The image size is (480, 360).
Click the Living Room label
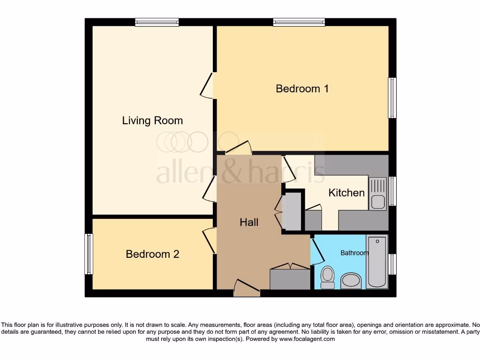(152, 121)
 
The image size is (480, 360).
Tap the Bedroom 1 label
(302, 89)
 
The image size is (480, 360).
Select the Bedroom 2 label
(152, 254)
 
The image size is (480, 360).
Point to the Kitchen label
(346, 193)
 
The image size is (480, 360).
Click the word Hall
(249, 222)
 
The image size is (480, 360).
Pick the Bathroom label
(354, 253)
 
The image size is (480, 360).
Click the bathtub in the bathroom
(377, 262)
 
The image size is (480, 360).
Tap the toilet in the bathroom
(327, 277)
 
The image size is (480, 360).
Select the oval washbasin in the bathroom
(351, 281)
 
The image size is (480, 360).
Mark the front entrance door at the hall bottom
(247, 288)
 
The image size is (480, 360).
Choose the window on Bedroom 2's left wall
(88, 254)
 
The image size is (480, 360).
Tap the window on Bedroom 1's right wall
(392, 98)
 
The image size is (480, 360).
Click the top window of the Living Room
(157, 22)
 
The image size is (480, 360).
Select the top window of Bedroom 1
(299, 22)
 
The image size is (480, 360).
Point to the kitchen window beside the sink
(393, 191)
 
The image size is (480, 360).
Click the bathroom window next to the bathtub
(393, 264)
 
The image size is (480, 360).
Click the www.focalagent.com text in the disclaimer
(307, 339)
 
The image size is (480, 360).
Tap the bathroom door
(317, 251)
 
